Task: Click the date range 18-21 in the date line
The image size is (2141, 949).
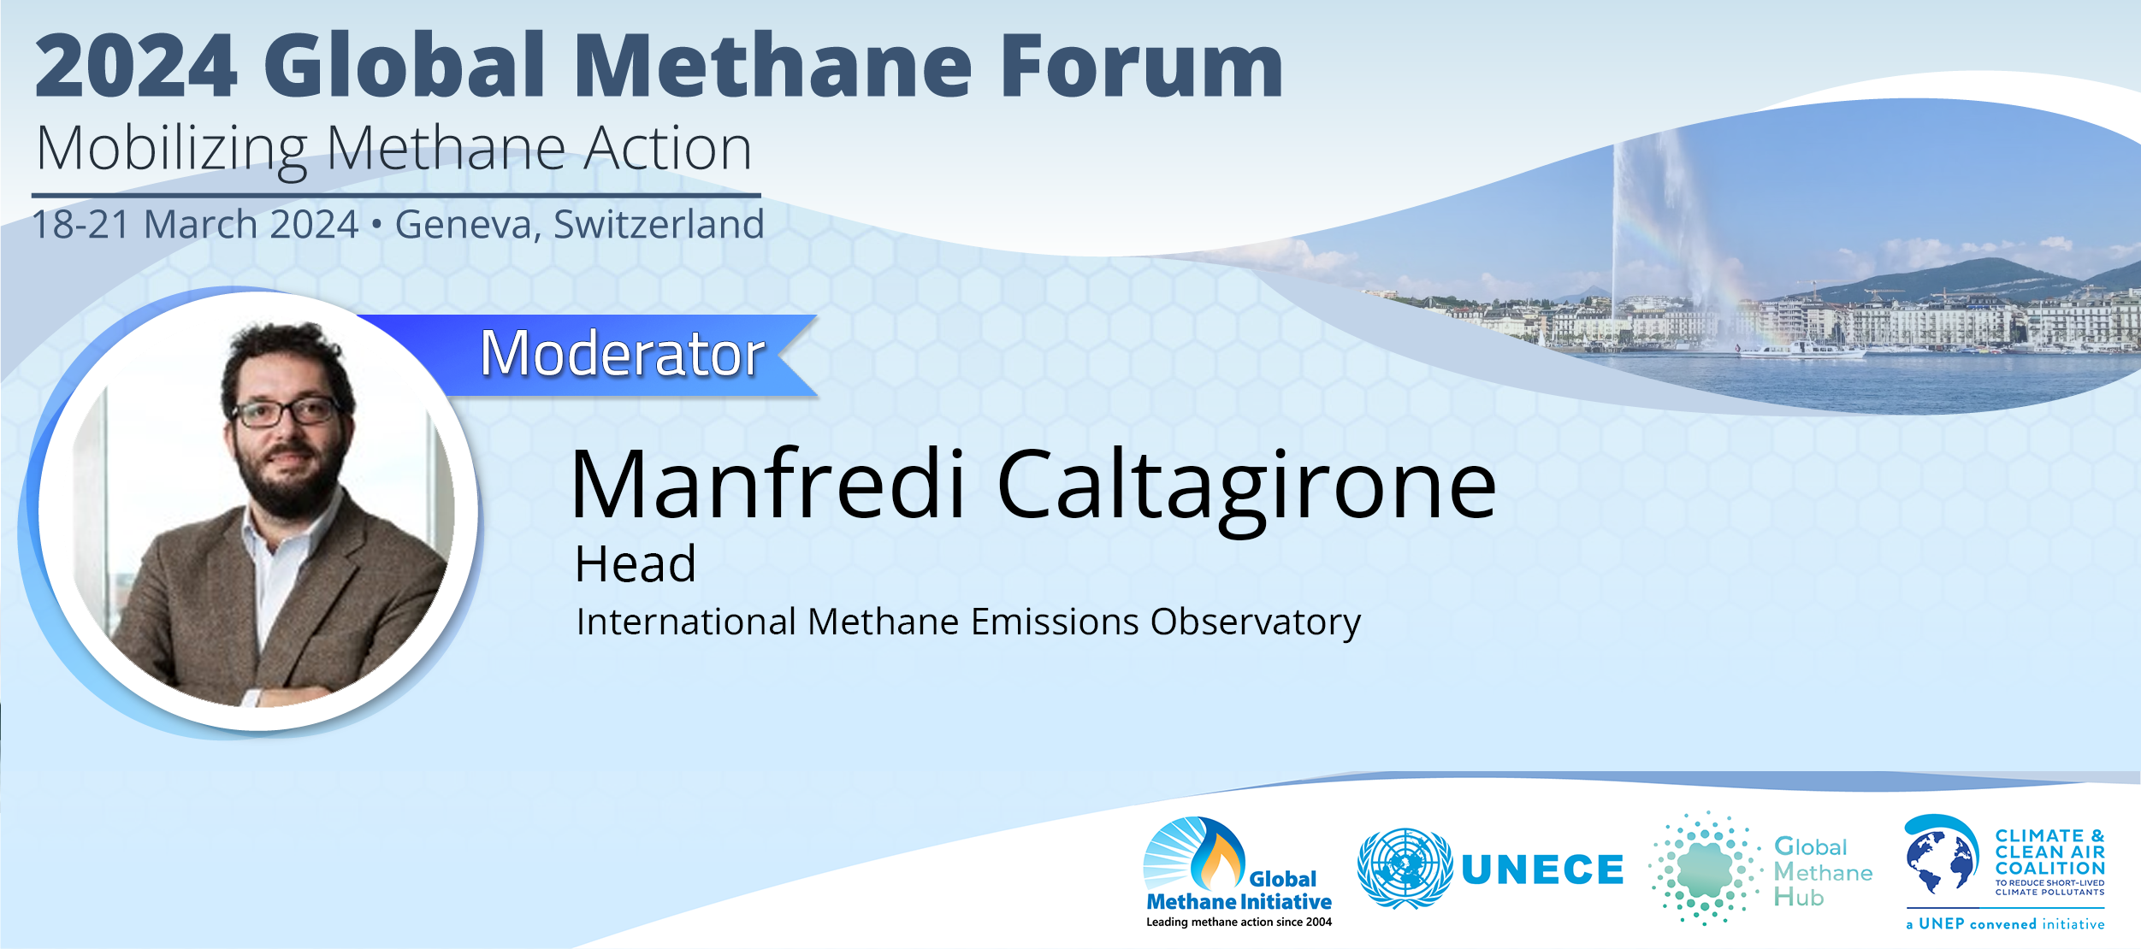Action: pos(80,224)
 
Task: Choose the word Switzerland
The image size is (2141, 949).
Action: pos(659,224)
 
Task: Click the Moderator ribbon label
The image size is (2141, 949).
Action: pos(622,353)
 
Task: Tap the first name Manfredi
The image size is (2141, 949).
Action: pos(768,484)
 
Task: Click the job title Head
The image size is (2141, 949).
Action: pos(636,564)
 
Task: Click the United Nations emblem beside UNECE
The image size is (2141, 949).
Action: pos(1405,868)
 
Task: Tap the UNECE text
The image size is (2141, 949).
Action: pos(1542,870)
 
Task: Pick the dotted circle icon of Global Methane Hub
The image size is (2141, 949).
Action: pos(1705,869)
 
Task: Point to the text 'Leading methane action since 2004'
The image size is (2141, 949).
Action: pos(1239,922)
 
